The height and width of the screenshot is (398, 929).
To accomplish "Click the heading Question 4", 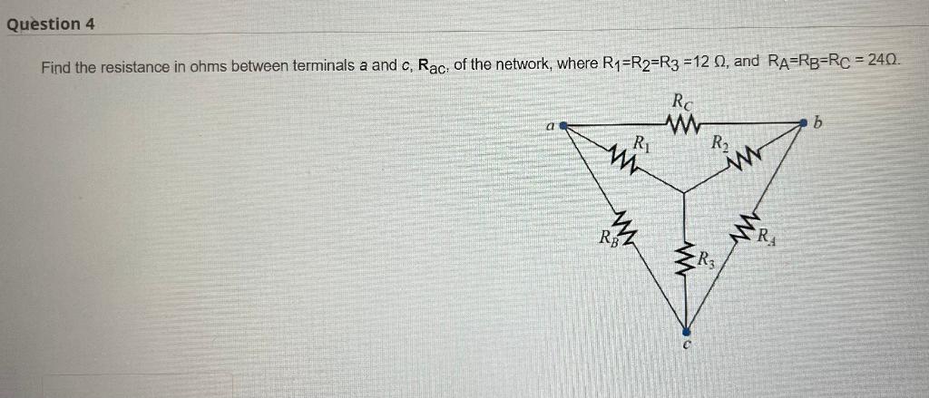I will click(51, 24).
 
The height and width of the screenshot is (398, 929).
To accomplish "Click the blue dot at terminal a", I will click(563, 127).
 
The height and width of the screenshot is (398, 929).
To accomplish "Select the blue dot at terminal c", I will click(686, 330).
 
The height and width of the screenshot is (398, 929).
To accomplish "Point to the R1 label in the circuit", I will click(640, 142).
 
